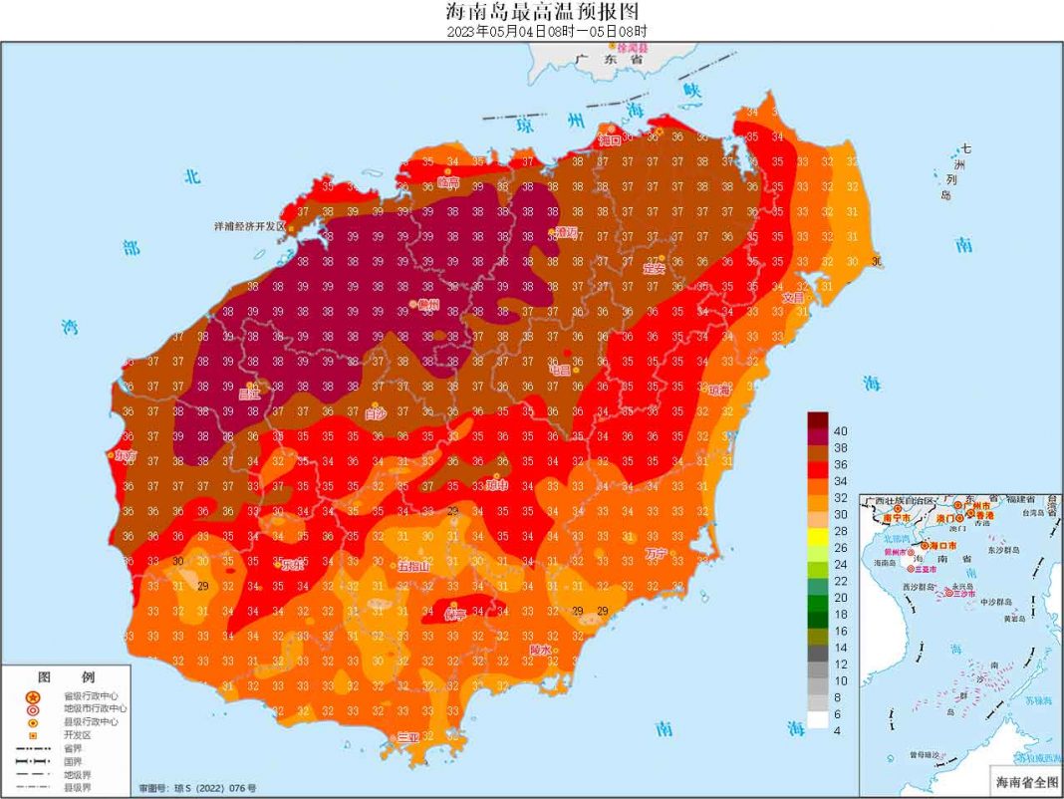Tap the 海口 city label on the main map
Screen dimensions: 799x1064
609,140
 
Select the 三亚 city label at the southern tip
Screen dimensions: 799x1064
408,736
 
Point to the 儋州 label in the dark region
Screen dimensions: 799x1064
427,305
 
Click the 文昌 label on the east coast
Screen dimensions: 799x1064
793,297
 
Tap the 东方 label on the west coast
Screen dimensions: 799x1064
125,454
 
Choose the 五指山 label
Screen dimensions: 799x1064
413,566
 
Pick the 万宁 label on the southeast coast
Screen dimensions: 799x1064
656,553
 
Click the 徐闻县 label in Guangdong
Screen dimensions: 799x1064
633,48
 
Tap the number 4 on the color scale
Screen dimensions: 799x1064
838,731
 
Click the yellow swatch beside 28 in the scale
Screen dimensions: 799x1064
817,531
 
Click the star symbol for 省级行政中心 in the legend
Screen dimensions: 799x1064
33,696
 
